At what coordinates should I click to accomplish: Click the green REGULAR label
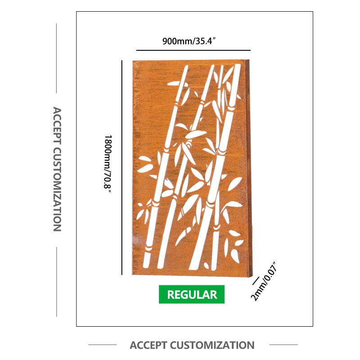pos(192,295)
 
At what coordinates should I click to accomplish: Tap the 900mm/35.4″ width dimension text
pos(192,42)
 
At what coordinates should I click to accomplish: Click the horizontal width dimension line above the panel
pos(193,50)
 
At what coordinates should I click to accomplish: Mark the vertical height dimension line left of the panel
pos(122,166)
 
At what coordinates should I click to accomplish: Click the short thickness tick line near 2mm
pos(256,280)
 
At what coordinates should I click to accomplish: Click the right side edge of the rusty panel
pos(250,166)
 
